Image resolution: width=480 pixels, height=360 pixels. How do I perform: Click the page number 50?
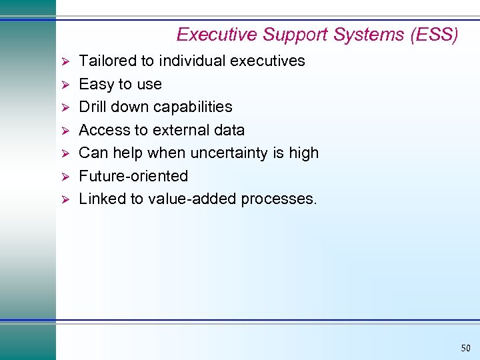click(465, 348)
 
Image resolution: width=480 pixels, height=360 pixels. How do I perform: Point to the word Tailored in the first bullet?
click(106, 61)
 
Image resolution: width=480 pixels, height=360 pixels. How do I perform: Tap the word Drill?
click(93, 107)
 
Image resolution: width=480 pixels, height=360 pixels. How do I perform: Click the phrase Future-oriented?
click(133, 176)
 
